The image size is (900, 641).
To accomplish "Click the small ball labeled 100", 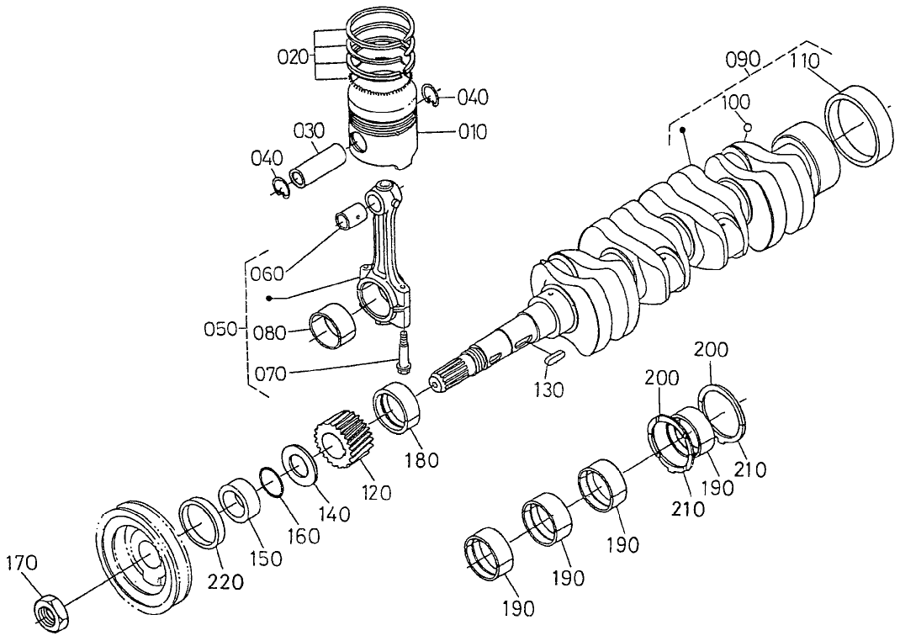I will pos(746,128).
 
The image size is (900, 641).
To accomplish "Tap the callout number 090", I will pos(743,61).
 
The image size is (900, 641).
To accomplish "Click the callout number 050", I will pos(222,329).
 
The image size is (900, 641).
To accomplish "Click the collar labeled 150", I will pos(240,502).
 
